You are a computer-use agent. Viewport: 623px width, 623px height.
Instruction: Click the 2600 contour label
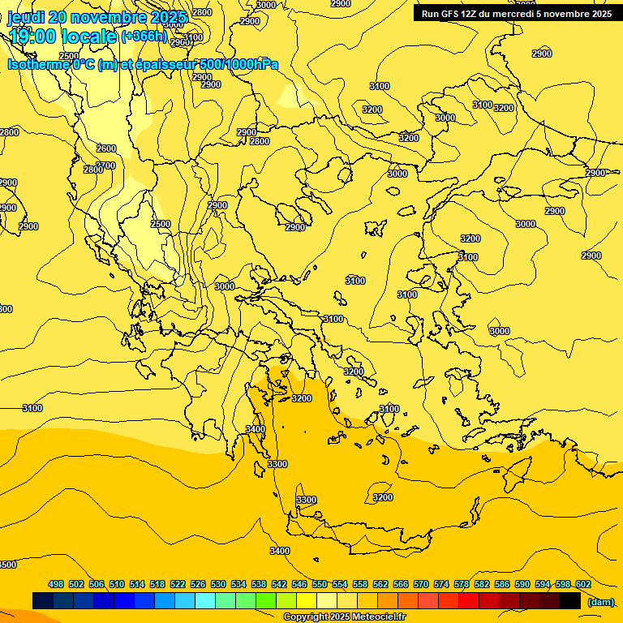click(x=106, y=148)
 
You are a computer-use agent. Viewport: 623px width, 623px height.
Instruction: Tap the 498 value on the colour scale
click(x=56, y=584)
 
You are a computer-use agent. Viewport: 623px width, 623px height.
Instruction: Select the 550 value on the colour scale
click(x=320, y=584)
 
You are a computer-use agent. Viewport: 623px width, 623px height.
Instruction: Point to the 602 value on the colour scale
click(x=583, y=584)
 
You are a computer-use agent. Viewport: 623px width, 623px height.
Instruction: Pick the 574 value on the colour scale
click(x=441, y=584)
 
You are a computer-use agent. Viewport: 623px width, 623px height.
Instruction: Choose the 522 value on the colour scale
click(x=178, y=584)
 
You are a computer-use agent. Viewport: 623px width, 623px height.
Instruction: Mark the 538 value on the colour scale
click(x=259, y=584)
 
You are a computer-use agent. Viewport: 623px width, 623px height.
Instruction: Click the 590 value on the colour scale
click(x=522, y=584)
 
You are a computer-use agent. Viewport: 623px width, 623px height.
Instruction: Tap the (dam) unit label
click(x=601, y=601)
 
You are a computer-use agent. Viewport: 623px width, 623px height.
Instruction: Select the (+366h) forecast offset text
click(x=144, y=37)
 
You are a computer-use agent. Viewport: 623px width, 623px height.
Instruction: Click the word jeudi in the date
click(x=27, y=17)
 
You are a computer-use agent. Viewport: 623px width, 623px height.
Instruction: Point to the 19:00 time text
click(x=33, y=37)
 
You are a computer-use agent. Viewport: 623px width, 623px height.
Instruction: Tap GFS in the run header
click(x=452, y=14)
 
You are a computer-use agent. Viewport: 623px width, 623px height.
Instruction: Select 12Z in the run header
click(x=473, y=14)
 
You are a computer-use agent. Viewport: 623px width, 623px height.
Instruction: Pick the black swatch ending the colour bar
click(x=570, y=600)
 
